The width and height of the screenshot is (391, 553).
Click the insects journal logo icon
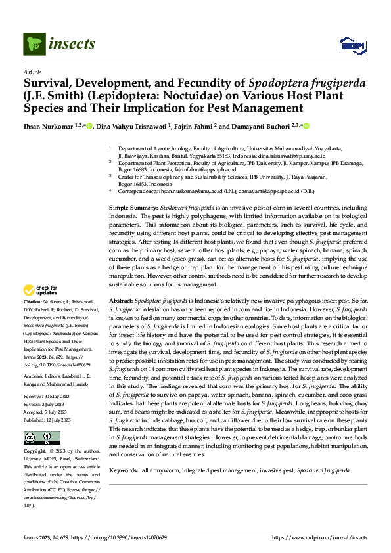(x=34, y=44)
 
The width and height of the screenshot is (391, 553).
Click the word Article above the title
(x=32, y=72)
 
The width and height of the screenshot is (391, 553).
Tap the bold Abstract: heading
(x=121, y=299)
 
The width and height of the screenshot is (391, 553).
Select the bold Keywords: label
(x=124, y=470)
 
